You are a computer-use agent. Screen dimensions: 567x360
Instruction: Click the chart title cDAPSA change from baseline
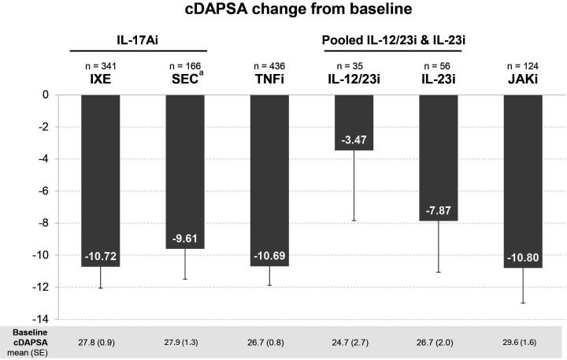coord(298,9)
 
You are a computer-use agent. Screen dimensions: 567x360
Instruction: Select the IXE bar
coord(101,181)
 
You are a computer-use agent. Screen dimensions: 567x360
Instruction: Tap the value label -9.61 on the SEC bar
coord(185,239)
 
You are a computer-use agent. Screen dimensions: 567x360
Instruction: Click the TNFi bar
coord(270,180)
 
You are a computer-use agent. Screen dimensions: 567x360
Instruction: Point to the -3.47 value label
coord(354,139)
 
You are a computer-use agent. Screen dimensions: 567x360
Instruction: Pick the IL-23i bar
coord(439,158)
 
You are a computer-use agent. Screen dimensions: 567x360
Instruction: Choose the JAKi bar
coord(523,181)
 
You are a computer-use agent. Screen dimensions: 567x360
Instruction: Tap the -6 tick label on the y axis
coord(44,191)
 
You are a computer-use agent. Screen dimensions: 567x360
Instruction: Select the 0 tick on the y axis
coord(46,95)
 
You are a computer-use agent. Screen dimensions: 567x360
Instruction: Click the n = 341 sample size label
coord(101,66)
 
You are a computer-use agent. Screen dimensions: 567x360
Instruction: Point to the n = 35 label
coord(350,66)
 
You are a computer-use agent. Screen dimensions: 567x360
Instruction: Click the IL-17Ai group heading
coord(137,40)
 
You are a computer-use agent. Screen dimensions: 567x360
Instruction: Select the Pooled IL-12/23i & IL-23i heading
coord(394,40)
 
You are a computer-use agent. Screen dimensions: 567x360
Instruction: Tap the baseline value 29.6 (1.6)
coord(519,342)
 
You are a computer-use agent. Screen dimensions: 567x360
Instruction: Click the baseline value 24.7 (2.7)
coord(350,342)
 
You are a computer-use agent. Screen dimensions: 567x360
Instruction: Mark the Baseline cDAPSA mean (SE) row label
coord(30,342)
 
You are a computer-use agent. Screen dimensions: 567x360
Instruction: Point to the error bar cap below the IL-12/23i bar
coord(354,221)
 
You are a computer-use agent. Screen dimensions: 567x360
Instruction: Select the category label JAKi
coord(523,80)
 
